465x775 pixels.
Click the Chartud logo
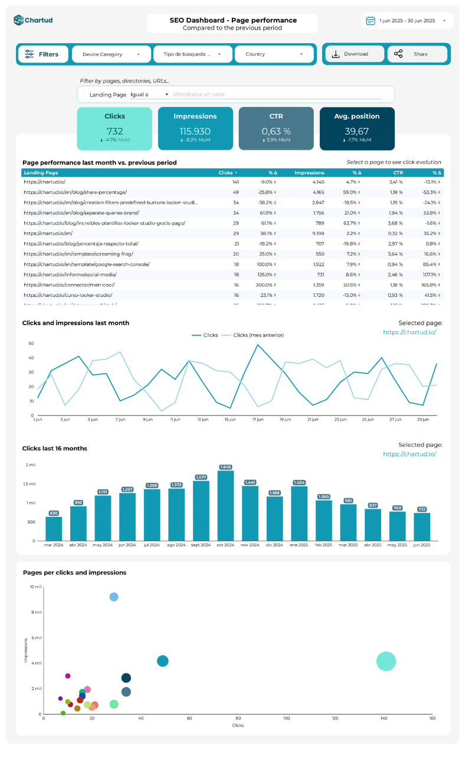[33, 21]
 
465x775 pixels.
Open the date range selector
[407, 21]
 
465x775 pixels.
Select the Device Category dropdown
[111, 54]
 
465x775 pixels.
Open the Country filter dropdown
[273, 54]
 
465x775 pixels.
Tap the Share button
[417, 54]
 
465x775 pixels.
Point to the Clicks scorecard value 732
[114, 131]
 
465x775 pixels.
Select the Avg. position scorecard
[357, 128]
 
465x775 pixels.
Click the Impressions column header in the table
[309, 173]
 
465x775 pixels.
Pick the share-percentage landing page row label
[75, 192]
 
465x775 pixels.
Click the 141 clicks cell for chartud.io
[235, 182]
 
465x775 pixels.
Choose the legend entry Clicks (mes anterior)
[258, 335]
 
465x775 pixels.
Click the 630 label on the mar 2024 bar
[54, 513]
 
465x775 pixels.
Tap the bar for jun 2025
[422, 527]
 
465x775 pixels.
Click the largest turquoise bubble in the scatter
[386, 662]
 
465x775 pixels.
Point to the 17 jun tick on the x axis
[258, 420]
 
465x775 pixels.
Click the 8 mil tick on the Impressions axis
[35, 613]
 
